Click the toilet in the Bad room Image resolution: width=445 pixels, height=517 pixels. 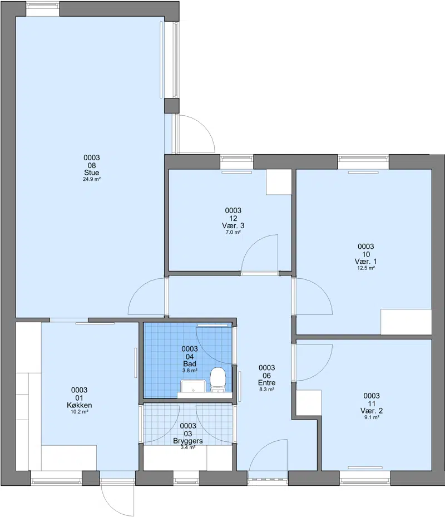[x=218, y=380]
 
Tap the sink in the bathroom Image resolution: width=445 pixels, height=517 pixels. [x=193, y=386]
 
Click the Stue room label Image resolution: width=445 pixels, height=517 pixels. [x=92, y=173]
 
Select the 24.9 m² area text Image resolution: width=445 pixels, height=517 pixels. [x=92, y=179]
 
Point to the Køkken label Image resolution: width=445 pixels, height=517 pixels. [x=80, y=405]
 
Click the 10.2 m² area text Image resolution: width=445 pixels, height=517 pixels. [x=80, y=412]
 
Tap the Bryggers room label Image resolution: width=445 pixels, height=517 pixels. [x=188, y=441]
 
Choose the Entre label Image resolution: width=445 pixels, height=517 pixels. [x=266, y=383]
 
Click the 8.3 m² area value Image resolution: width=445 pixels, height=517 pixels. [x=266, y=390]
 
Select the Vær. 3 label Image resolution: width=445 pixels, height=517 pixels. [x=233, y=225]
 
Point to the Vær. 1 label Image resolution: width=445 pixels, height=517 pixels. [x=366, y=262]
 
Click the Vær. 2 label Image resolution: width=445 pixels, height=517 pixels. [x=372, y=411]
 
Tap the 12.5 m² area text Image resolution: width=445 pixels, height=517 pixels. [x=366, y=268]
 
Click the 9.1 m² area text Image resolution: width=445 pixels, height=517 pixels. [x=372, y=417]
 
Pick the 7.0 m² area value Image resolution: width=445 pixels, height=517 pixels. [x=233, y=232]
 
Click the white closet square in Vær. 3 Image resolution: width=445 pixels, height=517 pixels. [x=279, y=182]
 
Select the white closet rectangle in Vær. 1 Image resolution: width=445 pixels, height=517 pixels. [x=406, y=322]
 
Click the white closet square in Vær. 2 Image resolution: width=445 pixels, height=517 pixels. [x=309, y=402]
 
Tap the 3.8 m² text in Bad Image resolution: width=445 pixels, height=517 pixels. [x=190, y=371]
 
